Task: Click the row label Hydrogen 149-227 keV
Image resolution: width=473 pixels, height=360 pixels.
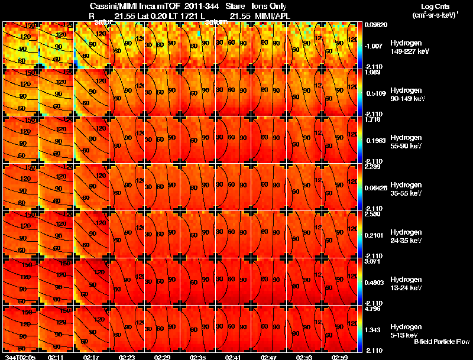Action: click(x=405, y=47)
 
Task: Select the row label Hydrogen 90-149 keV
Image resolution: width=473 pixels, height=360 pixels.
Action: click(x=405, y=95)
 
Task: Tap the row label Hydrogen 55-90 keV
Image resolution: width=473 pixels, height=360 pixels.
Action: click(x=405, y=142)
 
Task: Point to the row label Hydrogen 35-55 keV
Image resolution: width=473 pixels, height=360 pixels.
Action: click(x=405, y=189)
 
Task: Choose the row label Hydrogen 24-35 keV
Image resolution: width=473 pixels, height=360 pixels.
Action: click(x=405, y=236)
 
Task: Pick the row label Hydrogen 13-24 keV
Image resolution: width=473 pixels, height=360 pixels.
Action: click(x=405, y=284)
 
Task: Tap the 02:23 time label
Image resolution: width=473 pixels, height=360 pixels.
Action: click(x=127, y=357)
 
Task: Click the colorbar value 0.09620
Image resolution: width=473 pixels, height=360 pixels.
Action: click(x=377, y=25)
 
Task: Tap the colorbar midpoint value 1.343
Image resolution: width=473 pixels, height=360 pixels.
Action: click(x=374, y=330)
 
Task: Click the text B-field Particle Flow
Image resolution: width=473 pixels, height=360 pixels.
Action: click(x=442, y=342)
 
